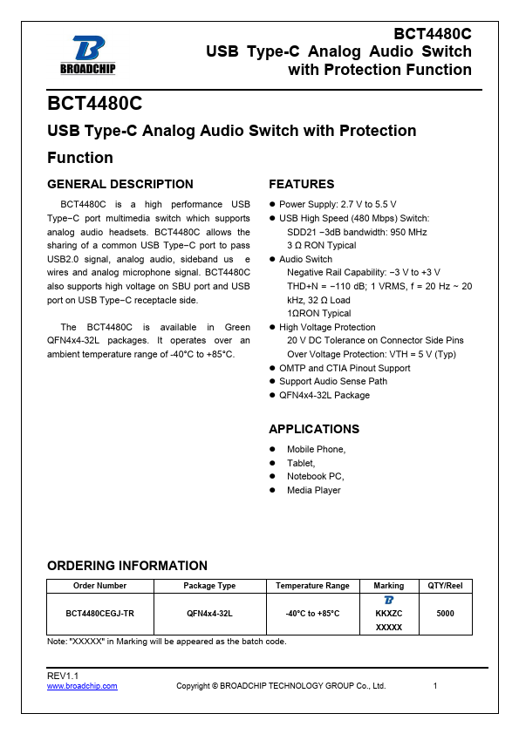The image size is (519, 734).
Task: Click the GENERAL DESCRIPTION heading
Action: point(120,184)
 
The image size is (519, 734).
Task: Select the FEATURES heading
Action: point(301,184)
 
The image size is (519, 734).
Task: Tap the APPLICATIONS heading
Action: point(314,429)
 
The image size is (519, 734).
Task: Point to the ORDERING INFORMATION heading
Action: point(127,566)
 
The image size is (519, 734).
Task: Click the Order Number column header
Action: point(99,586)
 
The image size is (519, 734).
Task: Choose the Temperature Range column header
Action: point(312,586)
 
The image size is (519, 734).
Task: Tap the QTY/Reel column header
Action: point(445,586)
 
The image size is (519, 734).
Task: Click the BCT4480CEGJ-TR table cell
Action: point(99,614)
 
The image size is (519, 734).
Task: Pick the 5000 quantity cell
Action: point(445,614)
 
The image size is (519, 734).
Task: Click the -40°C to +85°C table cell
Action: point(312,614)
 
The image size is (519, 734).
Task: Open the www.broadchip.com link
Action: point(82,686)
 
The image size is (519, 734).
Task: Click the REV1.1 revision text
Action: point(63,676)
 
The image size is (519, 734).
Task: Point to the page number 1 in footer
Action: point(434,686)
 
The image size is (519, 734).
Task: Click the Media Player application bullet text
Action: point(314,490)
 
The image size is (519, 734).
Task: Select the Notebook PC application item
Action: point(316,476)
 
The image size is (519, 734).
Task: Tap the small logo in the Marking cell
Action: point(388,601)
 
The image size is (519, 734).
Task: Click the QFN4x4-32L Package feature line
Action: point(324,395)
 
